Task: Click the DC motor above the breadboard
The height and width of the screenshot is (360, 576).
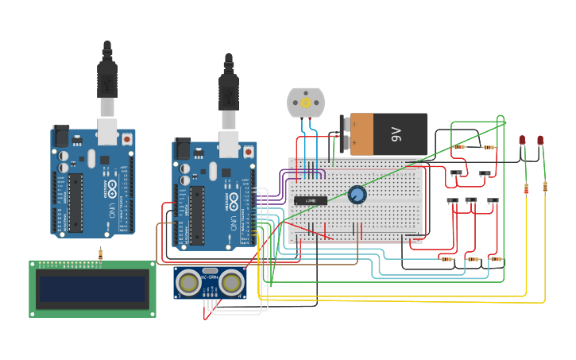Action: tap(306, 103)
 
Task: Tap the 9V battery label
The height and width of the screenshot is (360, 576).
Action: tap(396, 134)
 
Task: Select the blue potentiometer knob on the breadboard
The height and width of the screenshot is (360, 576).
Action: tap(358, 195)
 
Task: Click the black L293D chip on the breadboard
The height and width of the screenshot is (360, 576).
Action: tap(311, 201)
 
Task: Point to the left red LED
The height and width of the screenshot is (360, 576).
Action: tap(523, 141)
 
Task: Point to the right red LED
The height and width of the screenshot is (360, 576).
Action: tap(540, 141)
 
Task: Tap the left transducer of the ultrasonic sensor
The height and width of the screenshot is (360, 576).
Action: tap(189, 281)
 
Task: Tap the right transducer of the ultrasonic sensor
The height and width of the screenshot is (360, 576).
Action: tap(231, 281)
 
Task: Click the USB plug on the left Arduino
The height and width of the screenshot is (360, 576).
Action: tap(107, 79)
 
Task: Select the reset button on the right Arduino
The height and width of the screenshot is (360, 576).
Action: tap(249, 151)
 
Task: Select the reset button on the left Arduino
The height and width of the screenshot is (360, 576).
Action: tap(128, 139)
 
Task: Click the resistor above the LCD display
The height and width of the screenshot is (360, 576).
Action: tap(100, 254)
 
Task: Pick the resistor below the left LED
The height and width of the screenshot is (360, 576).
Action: tap(526, 188)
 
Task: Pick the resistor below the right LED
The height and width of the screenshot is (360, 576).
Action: tap(545, 187)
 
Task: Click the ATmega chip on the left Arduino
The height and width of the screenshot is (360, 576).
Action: tap(75, 203)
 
